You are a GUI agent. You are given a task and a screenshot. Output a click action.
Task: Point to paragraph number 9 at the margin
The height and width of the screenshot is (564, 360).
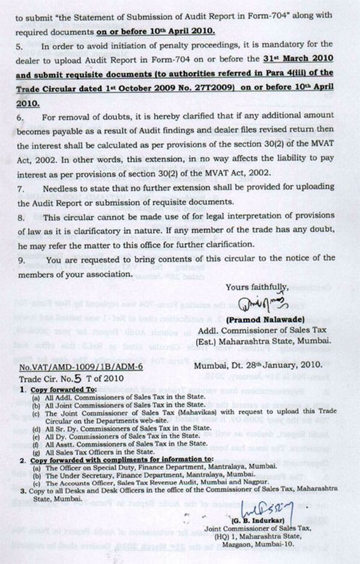(20, 260)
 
